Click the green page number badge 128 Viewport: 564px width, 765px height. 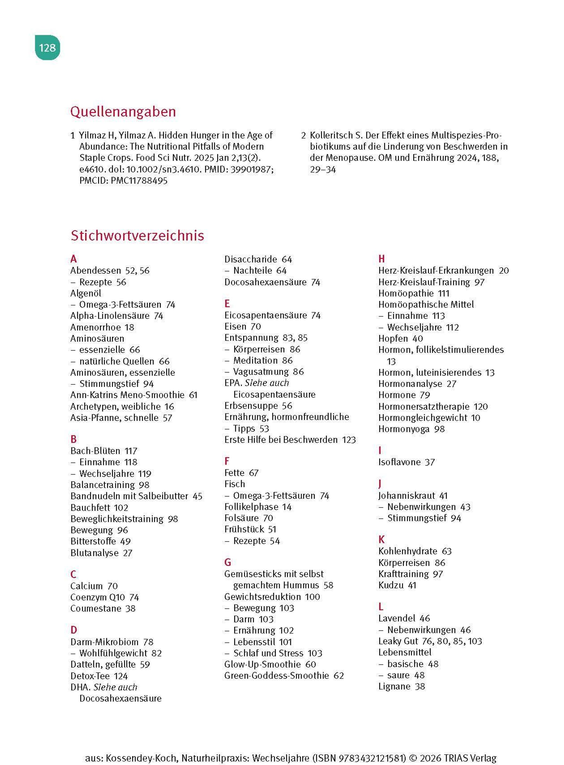47,47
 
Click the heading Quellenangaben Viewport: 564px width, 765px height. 123,112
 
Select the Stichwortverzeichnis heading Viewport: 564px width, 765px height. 137,235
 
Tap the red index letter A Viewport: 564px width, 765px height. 73,259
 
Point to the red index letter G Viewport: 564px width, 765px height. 228,562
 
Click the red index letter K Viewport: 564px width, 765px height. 382,539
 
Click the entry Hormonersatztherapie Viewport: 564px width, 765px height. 424,407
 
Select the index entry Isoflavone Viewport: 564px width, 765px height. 399,462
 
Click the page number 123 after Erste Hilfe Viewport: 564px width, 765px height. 349,440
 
